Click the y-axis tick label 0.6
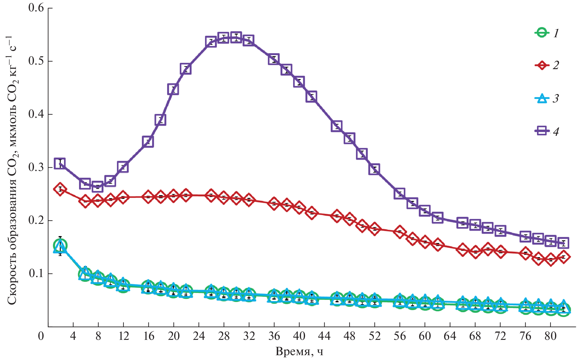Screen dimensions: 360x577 pyautogui.click(x=36, y=8)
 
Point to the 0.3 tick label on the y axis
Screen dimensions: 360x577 pyautogui.click(x=36, y=167)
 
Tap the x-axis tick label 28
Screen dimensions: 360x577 pyautogui.click(x=224, y=336)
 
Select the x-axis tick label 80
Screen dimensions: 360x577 pyautogui.click(x=551, y=336)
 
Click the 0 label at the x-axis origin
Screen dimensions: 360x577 pyautogui.click(x=41, y=336)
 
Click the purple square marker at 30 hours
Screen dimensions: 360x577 pyautogui.click(x=237, y=38)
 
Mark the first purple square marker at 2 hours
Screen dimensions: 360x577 pyautogui.click(x=60, y=163)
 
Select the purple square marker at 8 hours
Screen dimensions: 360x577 pyautogui.click(x=98, y=187)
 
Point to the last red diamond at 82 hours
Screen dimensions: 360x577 pyautogui.click(x=563, y=257)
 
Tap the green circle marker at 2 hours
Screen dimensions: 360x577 pyautogui.click(x=60, y=246)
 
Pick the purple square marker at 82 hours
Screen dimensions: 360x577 pyautogui.click(x=563, y=243)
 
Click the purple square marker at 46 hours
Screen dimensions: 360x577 pyautogui.click(x=337, y=126)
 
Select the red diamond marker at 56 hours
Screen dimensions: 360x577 pyautogui.click(x=400, y=232)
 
